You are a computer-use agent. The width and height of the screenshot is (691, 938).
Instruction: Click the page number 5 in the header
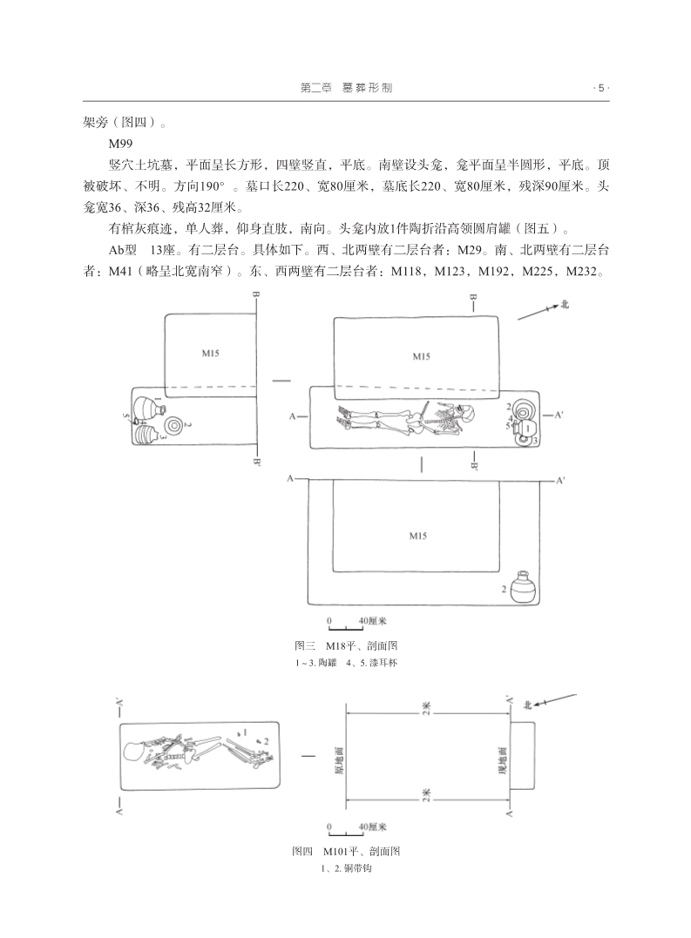600,87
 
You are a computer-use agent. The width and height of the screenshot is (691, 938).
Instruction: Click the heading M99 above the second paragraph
121,142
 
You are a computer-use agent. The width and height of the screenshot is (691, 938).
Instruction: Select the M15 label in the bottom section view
418,536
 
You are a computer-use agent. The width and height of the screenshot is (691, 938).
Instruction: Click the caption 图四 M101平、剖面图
346,851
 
